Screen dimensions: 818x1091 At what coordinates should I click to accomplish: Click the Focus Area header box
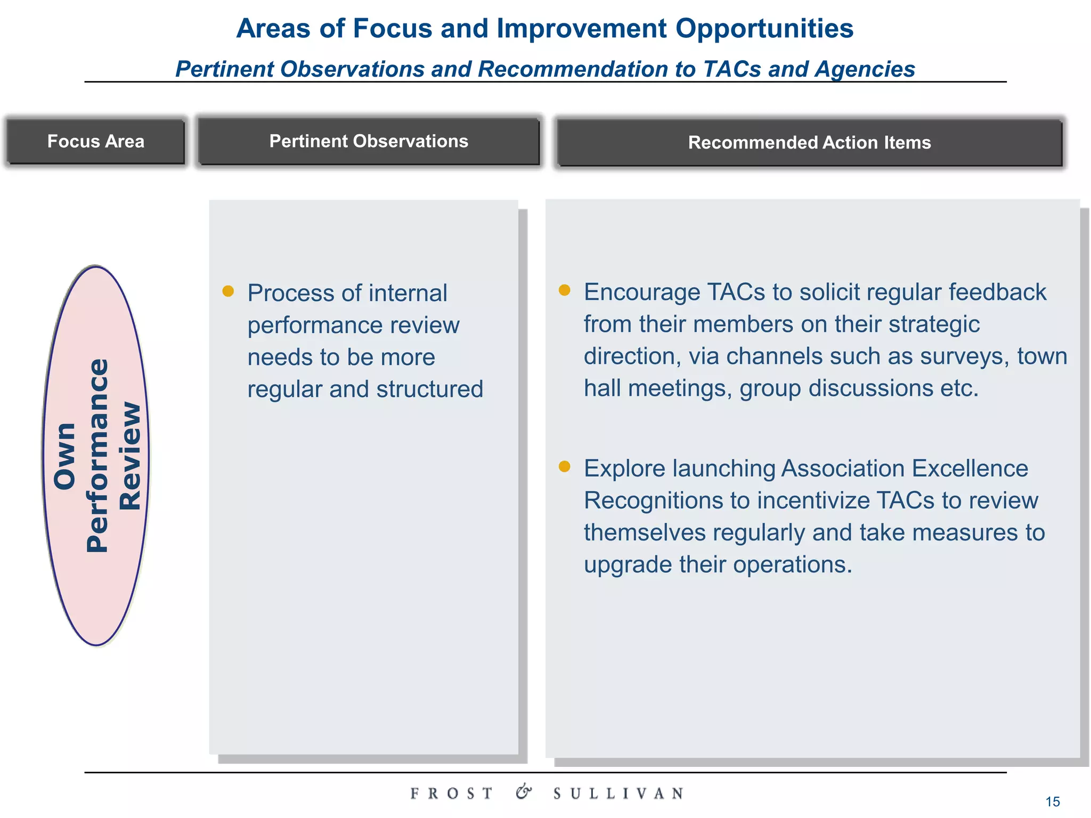[96, 141]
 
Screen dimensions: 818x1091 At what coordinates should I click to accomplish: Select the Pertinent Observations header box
[369, 141]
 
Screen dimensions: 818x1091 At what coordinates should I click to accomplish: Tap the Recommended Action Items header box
[809, 143]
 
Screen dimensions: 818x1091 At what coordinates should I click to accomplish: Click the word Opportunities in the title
[764, 29]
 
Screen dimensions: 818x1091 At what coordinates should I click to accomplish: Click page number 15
[1052, 801]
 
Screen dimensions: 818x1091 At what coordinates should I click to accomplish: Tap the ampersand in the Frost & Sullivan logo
[524, 792]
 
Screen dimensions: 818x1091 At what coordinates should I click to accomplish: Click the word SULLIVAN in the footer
[618, 794]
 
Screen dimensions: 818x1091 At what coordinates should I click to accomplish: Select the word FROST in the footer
[452, 794]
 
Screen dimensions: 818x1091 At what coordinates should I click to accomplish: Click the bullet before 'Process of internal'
[228, 291]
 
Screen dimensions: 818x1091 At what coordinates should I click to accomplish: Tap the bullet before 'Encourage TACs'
[564, 290]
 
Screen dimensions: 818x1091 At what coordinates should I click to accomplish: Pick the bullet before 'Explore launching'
[564, 467]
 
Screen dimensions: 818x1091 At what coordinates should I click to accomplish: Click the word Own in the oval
[65, 456]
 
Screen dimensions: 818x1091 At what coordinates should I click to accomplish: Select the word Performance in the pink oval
[97, 456]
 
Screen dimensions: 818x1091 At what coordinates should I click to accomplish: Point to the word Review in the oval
[130, 456]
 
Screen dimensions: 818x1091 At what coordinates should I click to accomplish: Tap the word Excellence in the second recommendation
[970, 469]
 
